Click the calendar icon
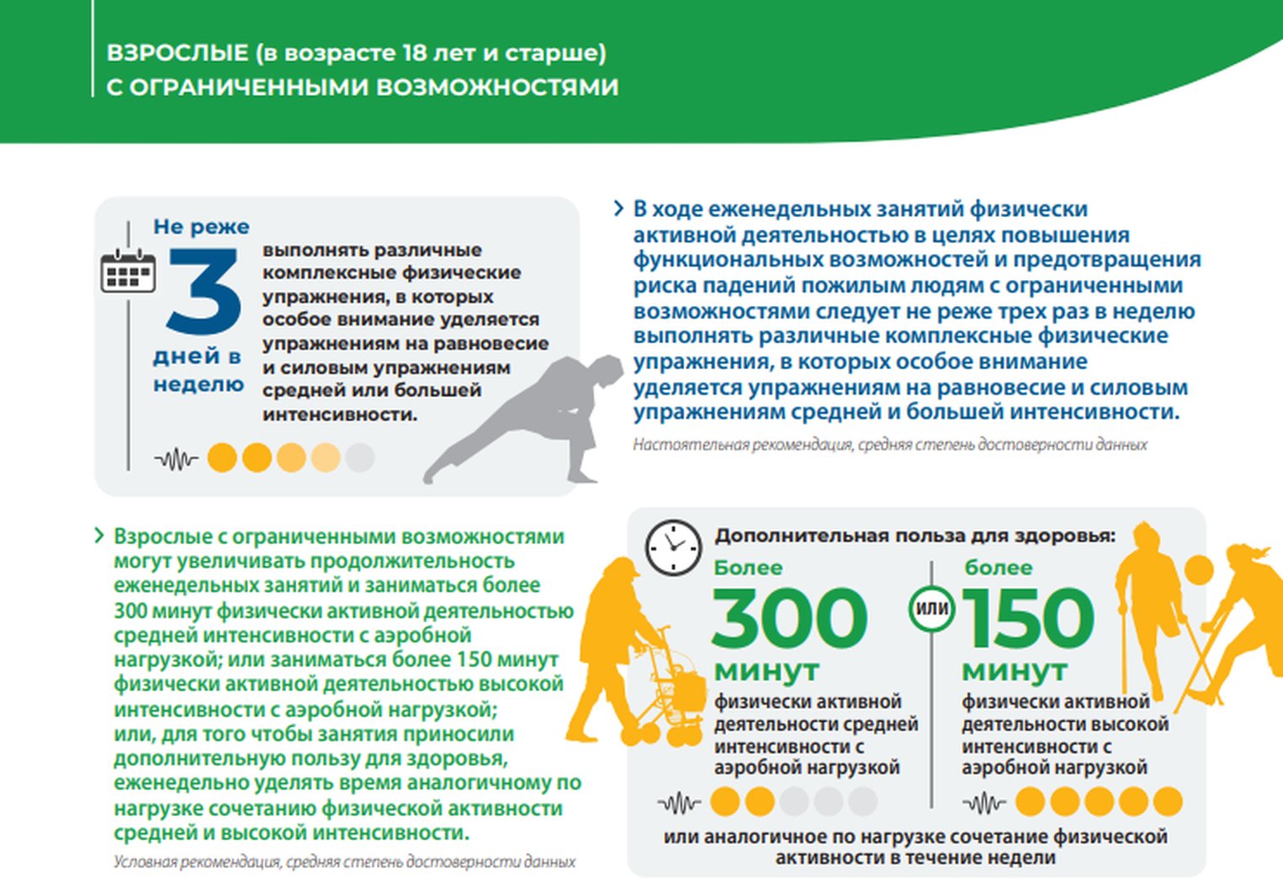[x=128, y=271]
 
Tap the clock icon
[x=673, y=547]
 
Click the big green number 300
[x=789, y=618]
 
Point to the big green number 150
[x=1027, y=618]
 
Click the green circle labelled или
[x=931, y=608]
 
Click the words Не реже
[x=201, y=226]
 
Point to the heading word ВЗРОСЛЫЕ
[x=178, y=53]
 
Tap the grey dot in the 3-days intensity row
[x=360, y=457]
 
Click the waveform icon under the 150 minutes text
[x=983, y=803]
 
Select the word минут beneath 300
[x=766, y=670]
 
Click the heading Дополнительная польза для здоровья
[x=915, y=536]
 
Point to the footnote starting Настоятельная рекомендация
[x=889, y=444]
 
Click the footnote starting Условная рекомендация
[x=344, y=862]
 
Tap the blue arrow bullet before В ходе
[x=618, y=209]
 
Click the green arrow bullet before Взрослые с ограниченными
[x=99, y=536]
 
